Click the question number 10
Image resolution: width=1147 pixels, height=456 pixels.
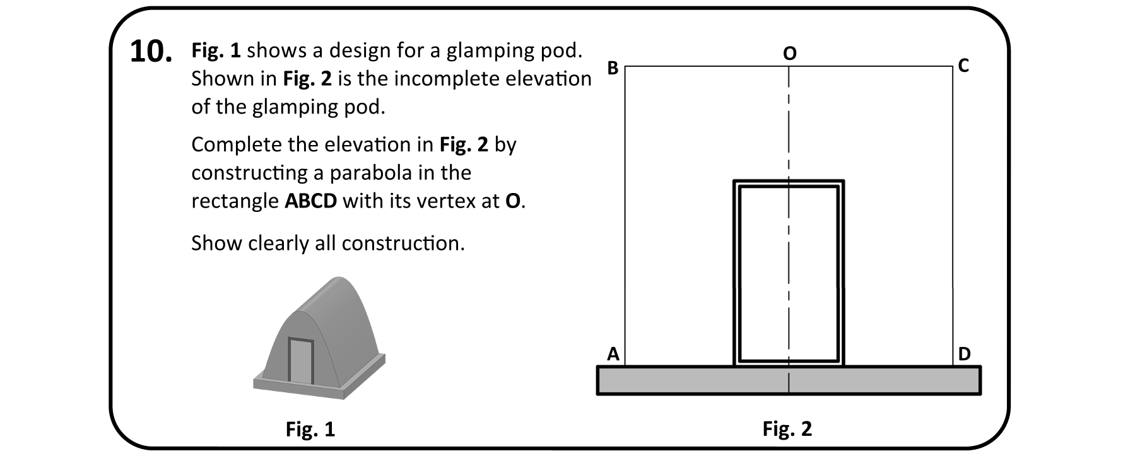151,52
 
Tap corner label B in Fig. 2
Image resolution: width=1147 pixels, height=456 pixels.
613,68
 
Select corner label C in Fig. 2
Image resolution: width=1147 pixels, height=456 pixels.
963,66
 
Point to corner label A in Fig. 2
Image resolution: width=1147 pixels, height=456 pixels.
613,354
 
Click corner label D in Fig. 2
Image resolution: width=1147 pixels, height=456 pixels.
964,354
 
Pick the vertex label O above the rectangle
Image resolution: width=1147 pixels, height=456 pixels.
789,54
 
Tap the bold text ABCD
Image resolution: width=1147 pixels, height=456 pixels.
310,201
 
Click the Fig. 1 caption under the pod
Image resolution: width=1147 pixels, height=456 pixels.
310,430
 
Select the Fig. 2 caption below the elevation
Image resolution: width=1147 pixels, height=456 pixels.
787,429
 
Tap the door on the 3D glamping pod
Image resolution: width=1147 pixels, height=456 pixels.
301,361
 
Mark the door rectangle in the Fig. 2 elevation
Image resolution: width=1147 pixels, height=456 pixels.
789,272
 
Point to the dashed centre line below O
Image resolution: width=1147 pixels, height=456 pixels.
789,126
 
